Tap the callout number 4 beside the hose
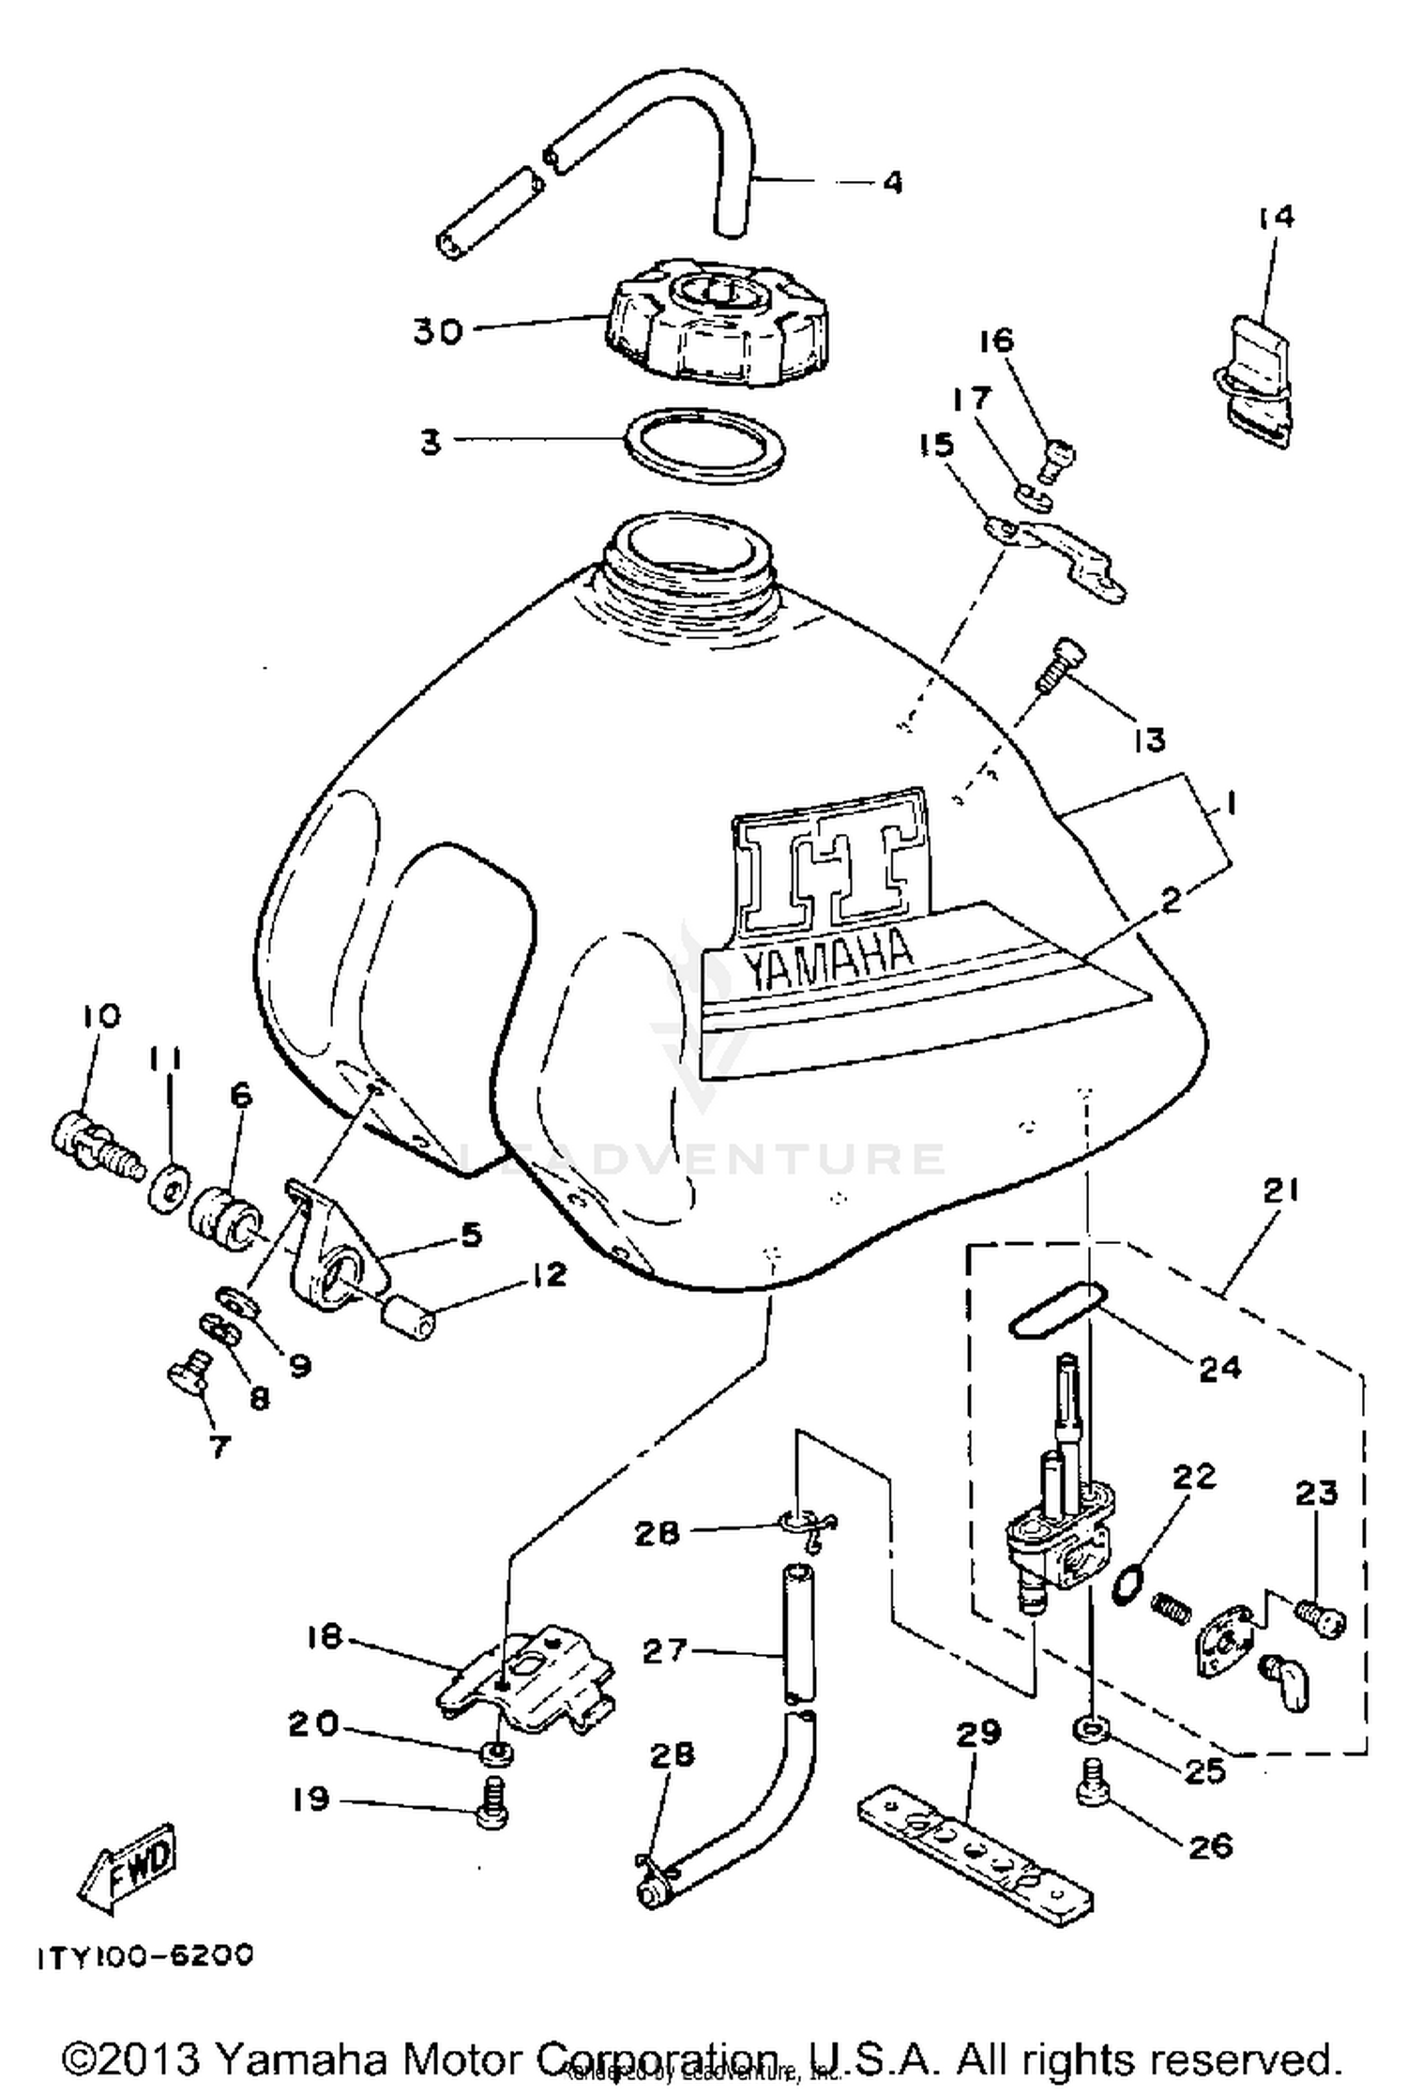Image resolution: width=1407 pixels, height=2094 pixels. tap(892, 182)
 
